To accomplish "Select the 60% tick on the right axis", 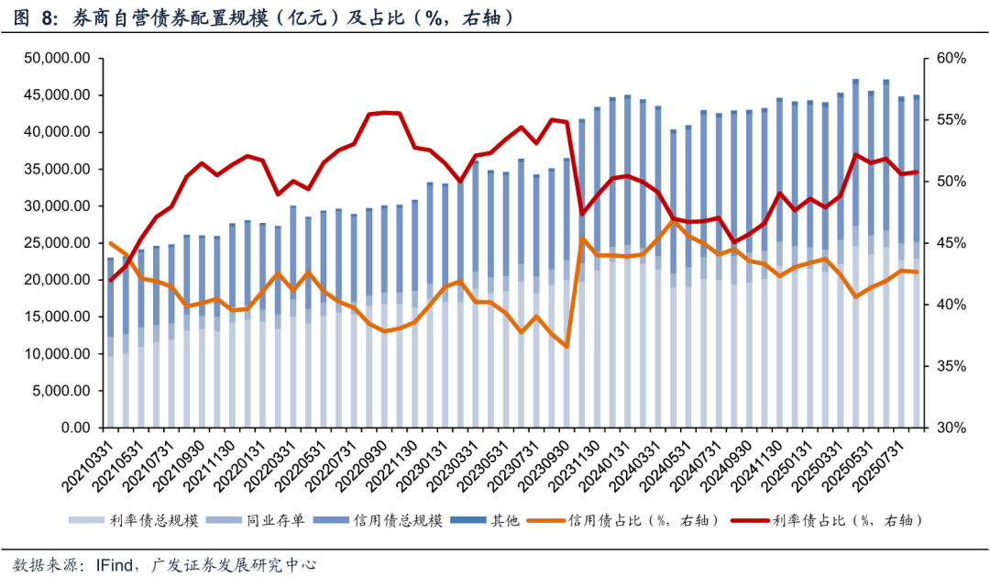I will (x=951, y=59).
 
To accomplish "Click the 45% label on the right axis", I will (x=951, y=243).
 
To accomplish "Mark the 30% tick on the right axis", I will (x=951, y=428).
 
